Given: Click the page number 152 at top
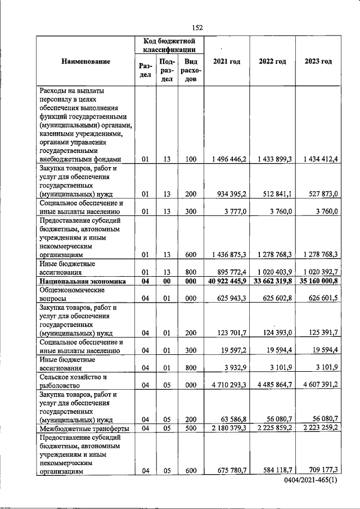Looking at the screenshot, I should [x=197, y=28].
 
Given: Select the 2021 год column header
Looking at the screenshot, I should [x=227, y=61].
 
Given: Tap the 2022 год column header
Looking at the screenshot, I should [x=272, y=61].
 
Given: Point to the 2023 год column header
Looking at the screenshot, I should [x=318, y=61].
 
